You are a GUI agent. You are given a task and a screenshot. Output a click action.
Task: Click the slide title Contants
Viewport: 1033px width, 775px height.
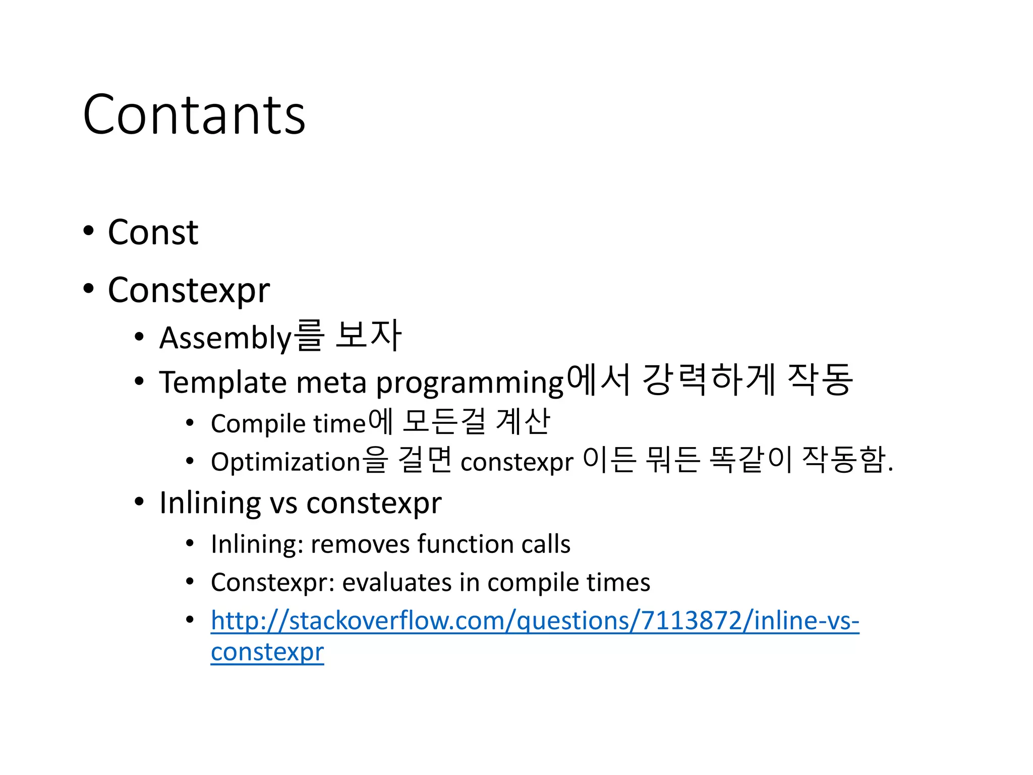(194, 115)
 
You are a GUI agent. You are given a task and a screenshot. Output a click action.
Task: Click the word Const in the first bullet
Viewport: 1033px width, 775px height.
(153, 233)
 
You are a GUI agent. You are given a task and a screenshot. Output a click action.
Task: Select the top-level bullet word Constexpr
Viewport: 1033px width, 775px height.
(189, 291)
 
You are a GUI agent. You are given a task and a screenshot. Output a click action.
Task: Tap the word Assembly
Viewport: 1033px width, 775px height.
(225, 338)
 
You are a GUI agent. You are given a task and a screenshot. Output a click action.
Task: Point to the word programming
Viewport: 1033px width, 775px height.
(469, 383)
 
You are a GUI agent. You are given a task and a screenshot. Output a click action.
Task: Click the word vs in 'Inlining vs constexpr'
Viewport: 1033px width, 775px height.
(284, 503)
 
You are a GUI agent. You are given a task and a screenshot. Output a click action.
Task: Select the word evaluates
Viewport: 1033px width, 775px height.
(396, 582)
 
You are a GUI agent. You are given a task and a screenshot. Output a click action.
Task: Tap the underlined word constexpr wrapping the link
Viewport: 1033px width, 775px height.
(267, 652)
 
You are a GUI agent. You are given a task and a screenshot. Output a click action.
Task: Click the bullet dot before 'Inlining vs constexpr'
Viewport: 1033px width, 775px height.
(140, 502)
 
